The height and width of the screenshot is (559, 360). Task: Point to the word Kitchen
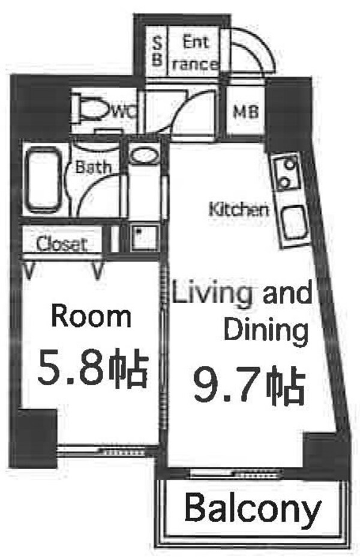click(x=238, y=210)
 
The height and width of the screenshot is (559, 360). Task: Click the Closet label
click(x=61, y=245)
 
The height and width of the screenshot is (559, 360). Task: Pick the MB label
click(x=246, y=112)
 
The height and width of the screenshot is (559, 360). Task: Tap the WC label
click(x=125, y=111)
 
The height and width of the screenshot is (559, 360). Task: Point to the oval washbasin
click(x=144, y=157)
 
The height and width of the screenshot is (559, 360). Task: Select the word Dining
click(x=265, y=329)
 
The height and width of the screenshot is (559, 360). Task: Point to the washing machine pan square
click(x=142, y=238)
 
